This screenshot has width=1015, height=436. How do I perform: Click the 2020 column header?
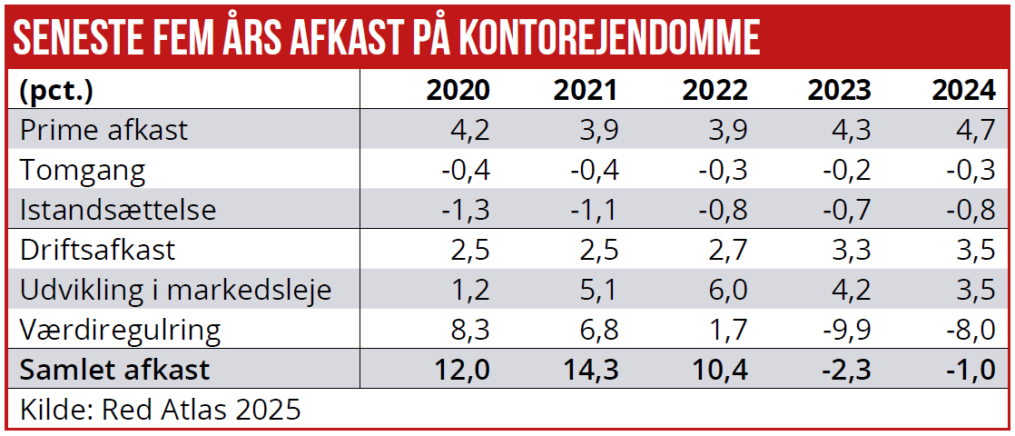coord(458,90)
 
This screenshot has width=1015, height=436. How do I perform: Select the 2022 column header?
coord(714,90)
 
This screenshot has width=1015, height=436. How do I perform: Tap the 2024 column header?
coord(964,90)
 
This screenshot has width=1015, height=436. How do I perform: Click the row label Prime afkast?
coord(103,130)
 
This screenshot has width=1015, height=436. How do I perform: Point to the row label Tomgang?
coord(83,170)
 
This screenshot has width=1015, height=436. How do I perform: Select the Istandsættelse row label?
coord(118,210)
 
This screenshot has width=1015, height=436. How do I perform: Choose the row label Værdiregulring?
coord(121,330)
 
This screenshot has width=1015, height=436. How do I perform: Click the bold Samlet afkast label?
coord(114,370)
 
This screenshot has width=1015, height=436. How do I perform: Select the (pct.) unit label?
coord(56,90)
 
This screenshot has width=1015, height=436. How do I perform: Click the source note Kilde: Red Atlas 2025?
coord(160,409)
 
